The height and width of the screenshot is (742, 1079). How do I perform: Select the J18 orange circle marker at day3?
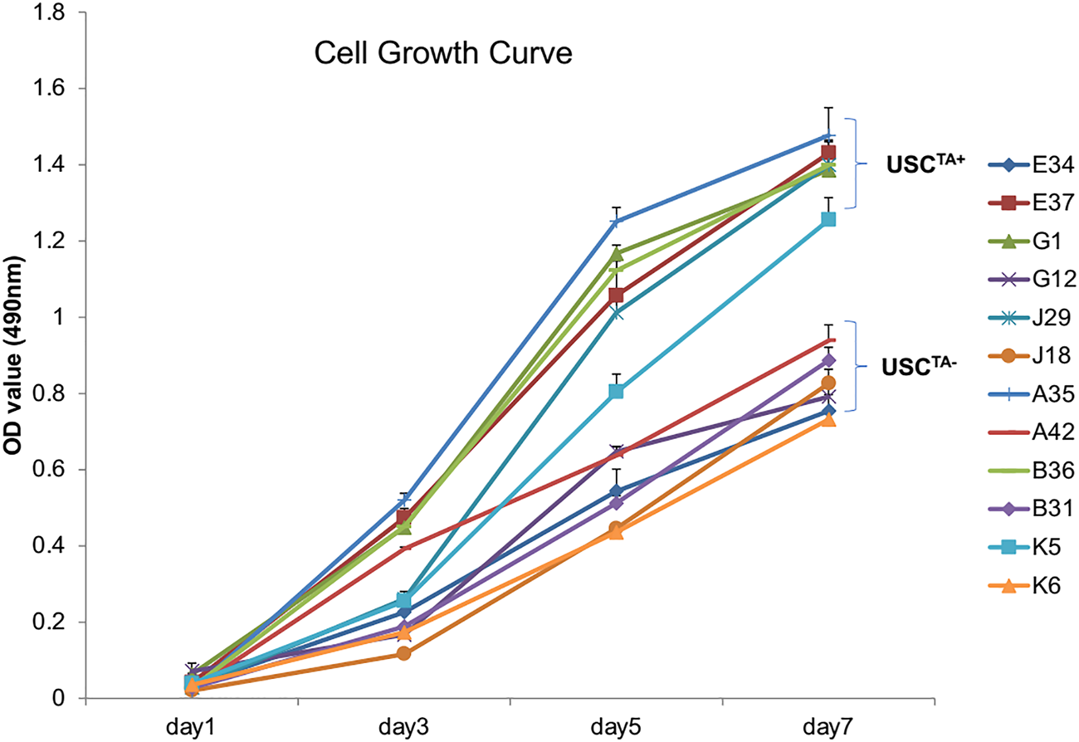403,653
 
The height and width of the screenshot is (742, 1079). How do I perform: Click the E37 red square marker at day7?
828,153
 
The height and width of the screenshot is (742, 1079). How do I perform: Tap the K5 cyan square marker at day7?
828,219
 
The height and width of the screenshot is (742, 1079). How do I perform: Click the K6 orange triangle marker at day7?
828,420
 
